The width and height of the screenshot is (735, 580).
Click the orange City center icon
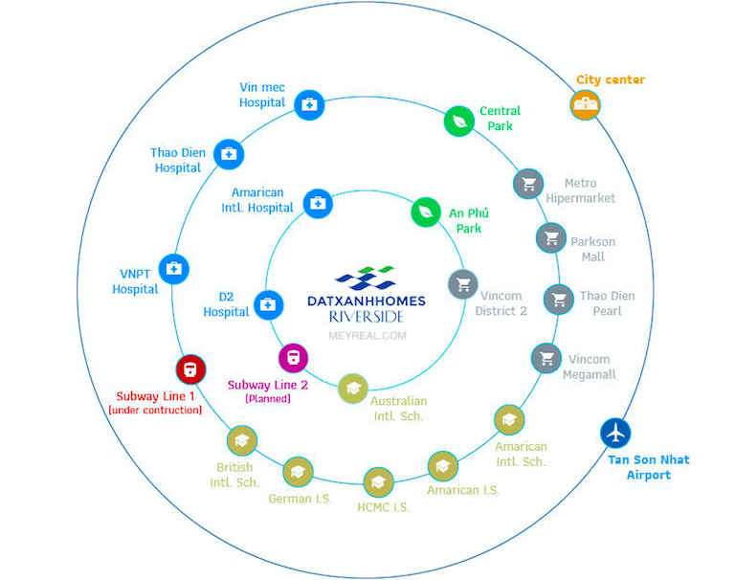click(x=585, y=104)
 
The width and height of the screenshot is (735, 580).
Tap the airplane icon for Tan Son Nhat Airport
click(x=616, y=433)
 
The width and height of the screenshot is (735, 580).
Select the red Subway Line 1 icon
click(x=190, y=369)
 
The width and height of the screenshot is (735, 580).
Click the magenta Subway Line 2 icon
click(x=293, y=358)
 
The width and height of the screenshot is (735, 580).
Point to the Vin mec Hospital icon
click(x=308, y=104)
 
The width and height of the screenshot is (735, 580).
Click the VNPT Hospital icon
click(x=173, y=269)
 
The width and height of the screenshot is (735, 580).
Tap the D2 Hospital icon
click(x=268, y=304)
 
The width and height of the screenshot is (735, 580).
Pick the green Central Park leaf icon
click(x=459, y=121)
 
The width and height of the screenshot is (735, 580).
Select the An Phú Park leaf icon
click(x=426, y=212)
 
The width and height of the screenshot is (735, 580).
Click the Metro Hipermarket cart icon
click(x=527, y=184)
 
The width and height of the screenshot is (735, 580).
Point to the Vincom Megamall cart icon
click(x=546, y=359)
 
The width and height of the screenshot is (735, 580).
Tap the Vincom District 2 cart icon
click(x=463, y=284)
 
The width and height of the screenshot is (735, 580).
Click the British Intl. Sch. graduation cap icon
click(x=241, y=440)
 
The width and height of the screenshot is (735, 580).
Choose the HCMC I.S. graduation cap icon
click(x=376, y=481)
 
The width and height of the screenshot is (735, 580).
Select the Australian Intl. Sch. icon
click(x=353, y=388)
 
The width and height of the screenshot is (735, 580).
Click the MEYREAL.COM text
click(x=367, y=336)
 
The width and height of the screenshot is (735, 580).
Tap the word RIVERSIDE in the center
click(x=366, y=317)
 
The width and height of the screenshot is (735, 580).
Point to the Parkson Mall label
click(x=593, y=250)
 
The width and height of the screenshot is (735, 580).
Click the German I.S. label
click(x=301, y=499)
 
